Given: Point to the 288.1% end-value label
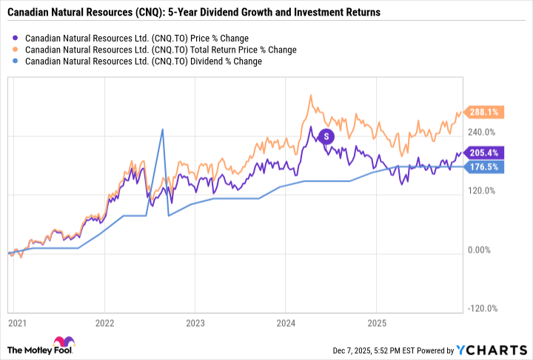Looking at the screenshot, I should point(482,113).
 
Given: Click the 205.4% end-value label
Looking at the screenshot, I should point(482,153).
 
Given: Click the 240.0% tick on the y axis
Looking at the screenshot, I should point(480,133).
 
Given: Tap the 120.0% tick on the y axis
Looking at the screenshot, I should point(480,191).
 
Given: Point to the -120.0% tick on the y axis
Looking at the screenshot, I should point(480,309).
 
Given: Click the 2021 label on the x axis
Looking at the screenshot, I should point(14,323).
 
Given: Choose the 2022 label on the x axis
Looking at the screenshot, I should point(104,323).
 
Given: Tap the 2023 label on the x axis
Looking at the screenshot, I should point(195,323).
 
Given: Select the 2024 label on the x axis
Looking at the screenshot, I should point(285,323).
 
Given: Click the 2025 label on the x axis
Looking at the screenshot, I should point(375,323).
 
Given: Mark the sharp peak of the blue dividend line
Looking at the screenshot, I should point(162,130).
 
